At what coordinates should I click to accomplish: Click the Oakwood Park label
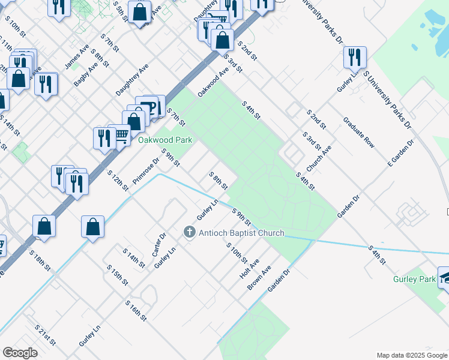[x=165, y=140]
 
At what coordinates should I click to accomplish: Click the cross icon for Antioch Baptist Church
[x=189, y=232]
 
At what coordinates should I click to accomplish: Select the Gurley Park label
[x=414, y=279]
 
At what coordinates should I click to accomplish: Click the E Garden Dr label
[x=401, y=154]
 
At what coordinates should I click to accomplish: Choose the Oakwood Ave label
[x=214, y=82]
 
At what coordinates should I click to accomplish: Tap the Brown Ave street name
[x=259, y=278]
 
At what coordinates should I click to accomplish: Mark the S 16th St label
[x=136, y=310]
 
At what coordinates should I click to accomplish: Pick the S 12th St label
[x=118, y=181]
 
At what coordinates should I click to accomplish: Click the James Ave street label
[x=77, y=55]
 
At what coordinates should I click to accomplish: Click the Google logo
[x=20, y=353]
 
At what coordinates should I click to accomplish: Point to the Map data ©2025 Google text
[x=411, y=355]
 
